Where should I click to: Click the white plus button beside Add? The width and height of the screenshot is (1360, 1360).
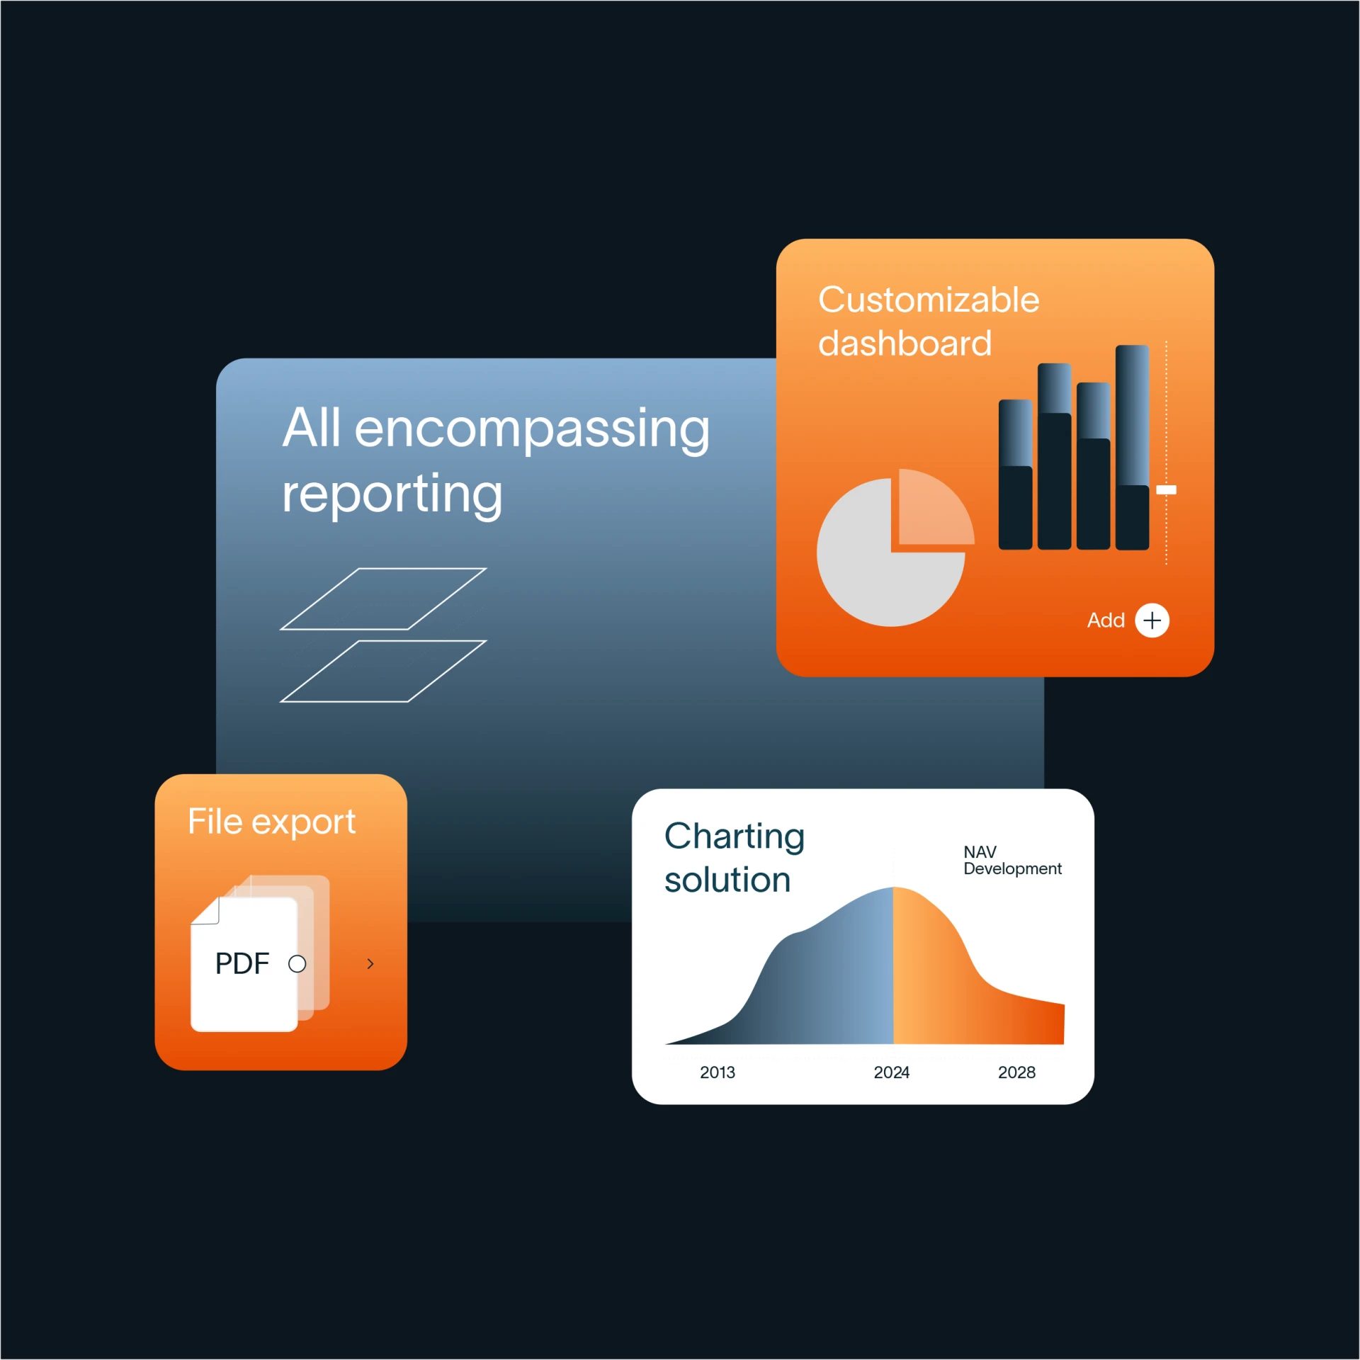point(1152,620)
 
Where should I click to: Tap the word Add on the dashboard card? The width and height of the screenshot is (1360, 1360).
point(1106,620)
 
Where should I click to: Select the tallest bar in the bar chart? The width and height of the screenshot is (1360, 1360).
point(1132,448)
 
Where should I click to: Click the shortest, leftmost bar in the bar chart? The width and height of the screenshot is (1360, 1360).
point(1015,475)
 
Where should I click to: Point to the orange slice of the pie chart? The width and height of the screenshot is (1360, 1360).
point(933,510)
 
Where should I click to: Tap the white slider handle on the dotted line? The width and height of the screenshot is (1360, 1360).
point(1166,489)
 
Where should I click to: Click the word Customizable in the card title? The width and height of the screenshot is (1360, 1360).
point(929,300)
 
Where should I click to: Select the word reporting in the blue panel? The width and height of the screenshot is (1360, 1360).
point(392,494)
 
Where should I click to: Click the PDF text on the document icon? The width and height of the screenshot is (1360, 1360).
point(242,963)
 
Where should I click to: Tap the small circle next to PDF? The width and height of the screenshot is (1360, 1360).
point(297,964)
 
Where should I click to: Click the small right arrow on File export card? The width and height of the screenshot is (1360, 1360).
point(370,964)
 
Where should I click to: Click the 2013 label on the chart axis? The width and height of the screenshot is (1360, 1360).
point(718,1072)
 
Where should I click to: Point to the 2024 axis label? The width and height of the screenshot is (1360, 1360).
point(891,1072)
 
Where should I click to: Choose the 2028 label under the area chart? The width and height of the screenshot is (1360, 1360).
point(1016,1072)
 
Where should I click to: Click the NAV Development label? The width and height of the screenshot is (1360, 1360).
point(1012,860)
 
